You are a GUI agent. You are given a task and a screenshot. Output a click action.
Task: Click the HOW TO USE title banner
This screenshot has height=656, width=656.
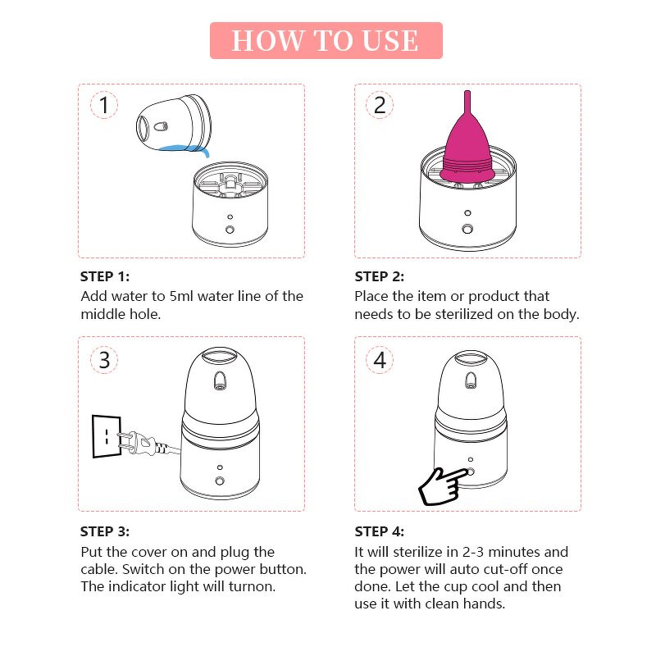click(326, 40)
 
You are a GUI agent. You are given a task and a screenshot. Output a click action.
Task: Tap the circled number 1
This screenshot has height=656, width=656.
click(103, 106)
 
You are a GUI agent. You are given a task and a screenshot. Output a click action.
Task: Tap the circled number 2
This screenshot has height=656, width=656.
click(379, 106)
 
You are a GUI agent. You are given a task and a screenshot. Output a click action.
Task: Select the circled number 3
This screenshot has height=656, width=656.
click(103, 360)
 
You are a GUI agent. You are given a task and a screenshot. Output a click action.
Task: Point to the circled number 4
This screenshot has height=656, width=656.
click(379, 360)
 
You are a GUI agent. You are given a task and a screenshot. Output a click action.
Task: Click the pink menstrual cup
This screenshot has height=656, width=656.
click(467, 148)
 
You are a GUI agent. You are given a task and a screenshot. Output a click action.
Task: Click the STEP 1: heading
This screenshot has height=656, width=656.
click(105, 276)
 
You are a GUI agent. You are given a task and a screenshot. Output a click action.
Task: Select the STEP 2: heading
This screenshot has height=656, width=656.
click(380, 276)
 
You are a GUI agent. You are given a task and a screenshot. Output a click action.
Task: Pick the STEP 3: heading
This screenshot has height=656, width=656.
click(105, 531)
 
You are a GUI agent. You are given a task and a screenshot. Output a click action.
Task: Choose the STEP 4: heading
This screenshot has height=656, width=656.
click(380, 531)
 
